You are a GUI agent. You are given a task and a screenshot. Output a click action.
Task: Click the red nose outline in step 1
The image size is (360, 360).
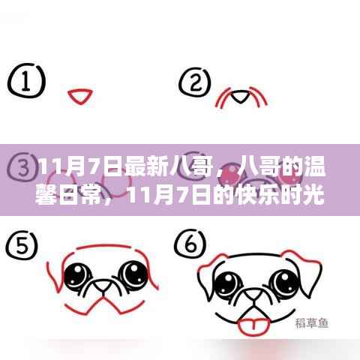point(77,95)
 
